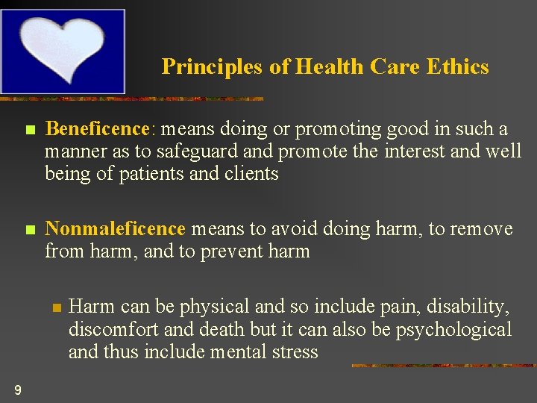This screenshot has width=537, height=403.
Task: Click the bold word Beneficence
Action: tap(98, 129)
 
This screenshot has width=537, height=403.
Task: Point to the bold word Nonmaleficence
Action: tap(115, 228)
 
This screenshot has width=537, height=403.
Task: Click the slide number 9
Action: tap(17, 389)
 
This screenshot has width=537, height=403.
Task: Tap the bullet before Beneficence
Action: tap(29, 130)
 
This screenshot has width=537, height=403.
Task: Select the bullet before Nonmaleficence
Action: tap(29, 230)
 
